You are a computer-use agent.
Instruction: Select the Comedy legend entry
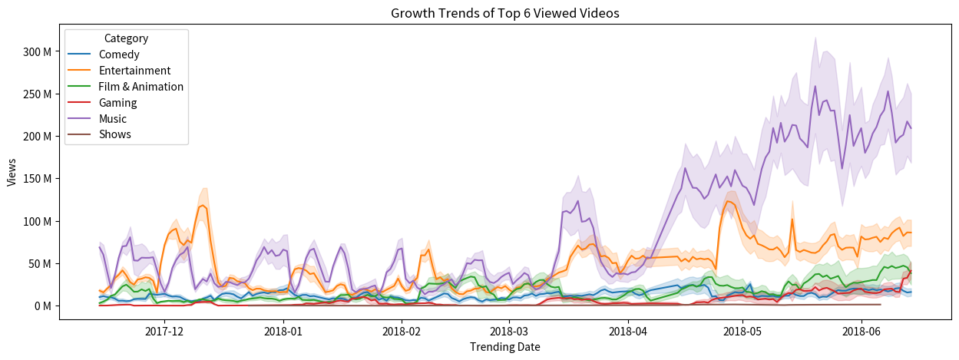119,54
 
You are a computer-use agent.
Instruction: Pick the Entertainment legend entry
134,71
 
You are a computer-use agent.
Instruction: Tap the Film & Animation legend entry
141,87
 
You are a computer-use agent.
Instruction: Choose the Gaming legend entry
117,102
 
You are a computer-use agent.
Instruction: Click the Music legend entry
113,118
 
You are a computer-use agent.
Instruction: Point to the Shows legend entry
114,134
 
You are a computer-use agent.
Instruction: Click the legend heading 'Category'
126,38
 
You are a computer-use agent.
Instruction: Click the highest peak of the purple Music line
815,86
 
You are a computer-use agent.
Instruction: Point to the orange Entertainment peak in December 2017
203,205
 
